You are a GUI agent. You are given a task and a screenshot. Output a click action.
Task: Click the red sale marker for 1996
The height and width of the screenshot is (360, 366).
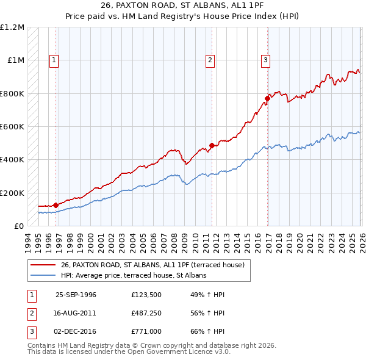coord(56,205)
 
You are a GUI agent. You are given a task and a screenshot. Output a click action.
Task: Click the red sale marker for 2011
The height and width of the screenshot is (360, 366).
coord(212,145)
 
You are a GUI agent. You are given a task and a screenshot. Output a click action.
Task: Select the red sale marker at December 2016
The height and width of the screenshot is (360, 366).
coord(267,98)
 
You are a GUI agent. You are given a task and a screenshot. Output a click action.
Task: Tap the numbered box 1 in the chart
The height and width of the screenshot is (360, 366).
coord(54,60)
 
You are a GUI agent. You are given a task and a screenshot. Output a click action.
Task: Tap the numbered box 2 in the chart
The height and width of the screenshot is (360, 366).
coord(210,60)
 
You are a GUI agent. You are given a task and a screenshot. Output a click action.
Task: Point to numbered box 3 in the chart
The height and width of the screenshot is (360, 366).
coord(266,60)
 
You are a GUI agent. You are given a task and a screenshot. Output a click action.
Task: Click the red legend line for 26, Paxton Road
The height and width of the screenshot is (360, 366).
coord(43,265)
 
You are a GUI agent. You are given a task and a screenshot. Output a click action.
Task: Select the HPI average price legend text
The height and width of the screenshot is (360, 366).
coord(134,275)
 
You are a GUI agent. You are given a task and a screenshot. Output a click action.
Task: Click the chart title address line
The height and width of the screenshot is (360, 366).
coord(183,5)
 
